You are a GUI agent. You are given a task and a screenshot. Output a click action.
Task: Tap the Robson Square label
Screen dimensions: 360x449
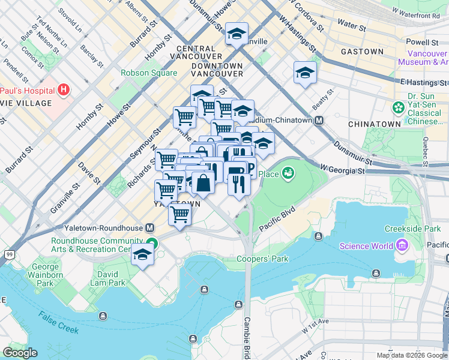[x=149, y=73]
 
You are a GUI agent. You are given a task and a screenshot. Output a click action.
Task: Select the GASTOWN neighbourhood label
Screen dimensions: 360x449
[x=362, y=52]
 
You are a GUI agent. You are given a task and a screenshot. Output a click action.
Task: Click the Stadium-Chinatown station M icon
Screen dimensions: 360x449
[x=319, y=120]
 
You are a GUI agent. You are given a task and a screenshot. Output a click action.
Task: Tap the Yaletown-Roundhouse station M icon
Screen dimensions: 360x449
[x=149, y=228]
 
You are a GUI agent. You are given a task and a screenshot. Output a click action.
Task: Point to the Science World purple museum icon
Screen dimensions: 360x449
[x=401, y=245]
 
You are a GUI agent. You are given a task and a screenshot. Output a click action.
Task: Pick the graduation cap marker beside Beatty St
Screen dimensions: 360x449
[x=305, y=73]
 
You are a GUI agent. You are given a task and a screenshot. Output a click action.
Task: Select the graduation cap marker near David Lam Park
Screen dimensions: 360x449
[x=143, y=254]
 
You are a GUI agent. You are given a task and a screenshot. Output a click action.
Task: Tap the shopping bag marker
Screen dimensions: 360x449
[x=203, y=183]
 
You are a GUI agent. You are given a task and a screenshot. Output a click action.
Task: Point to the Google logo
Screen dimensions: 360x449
[x=20, y=352]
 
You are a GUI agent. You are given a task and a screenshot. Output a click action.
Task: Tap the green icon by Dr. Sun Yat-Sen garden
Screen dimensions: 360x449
[x=397, y=108]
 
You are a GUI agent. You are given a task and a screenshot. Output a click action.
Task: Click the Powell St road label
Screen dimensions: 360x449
[x=421, y=43]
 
